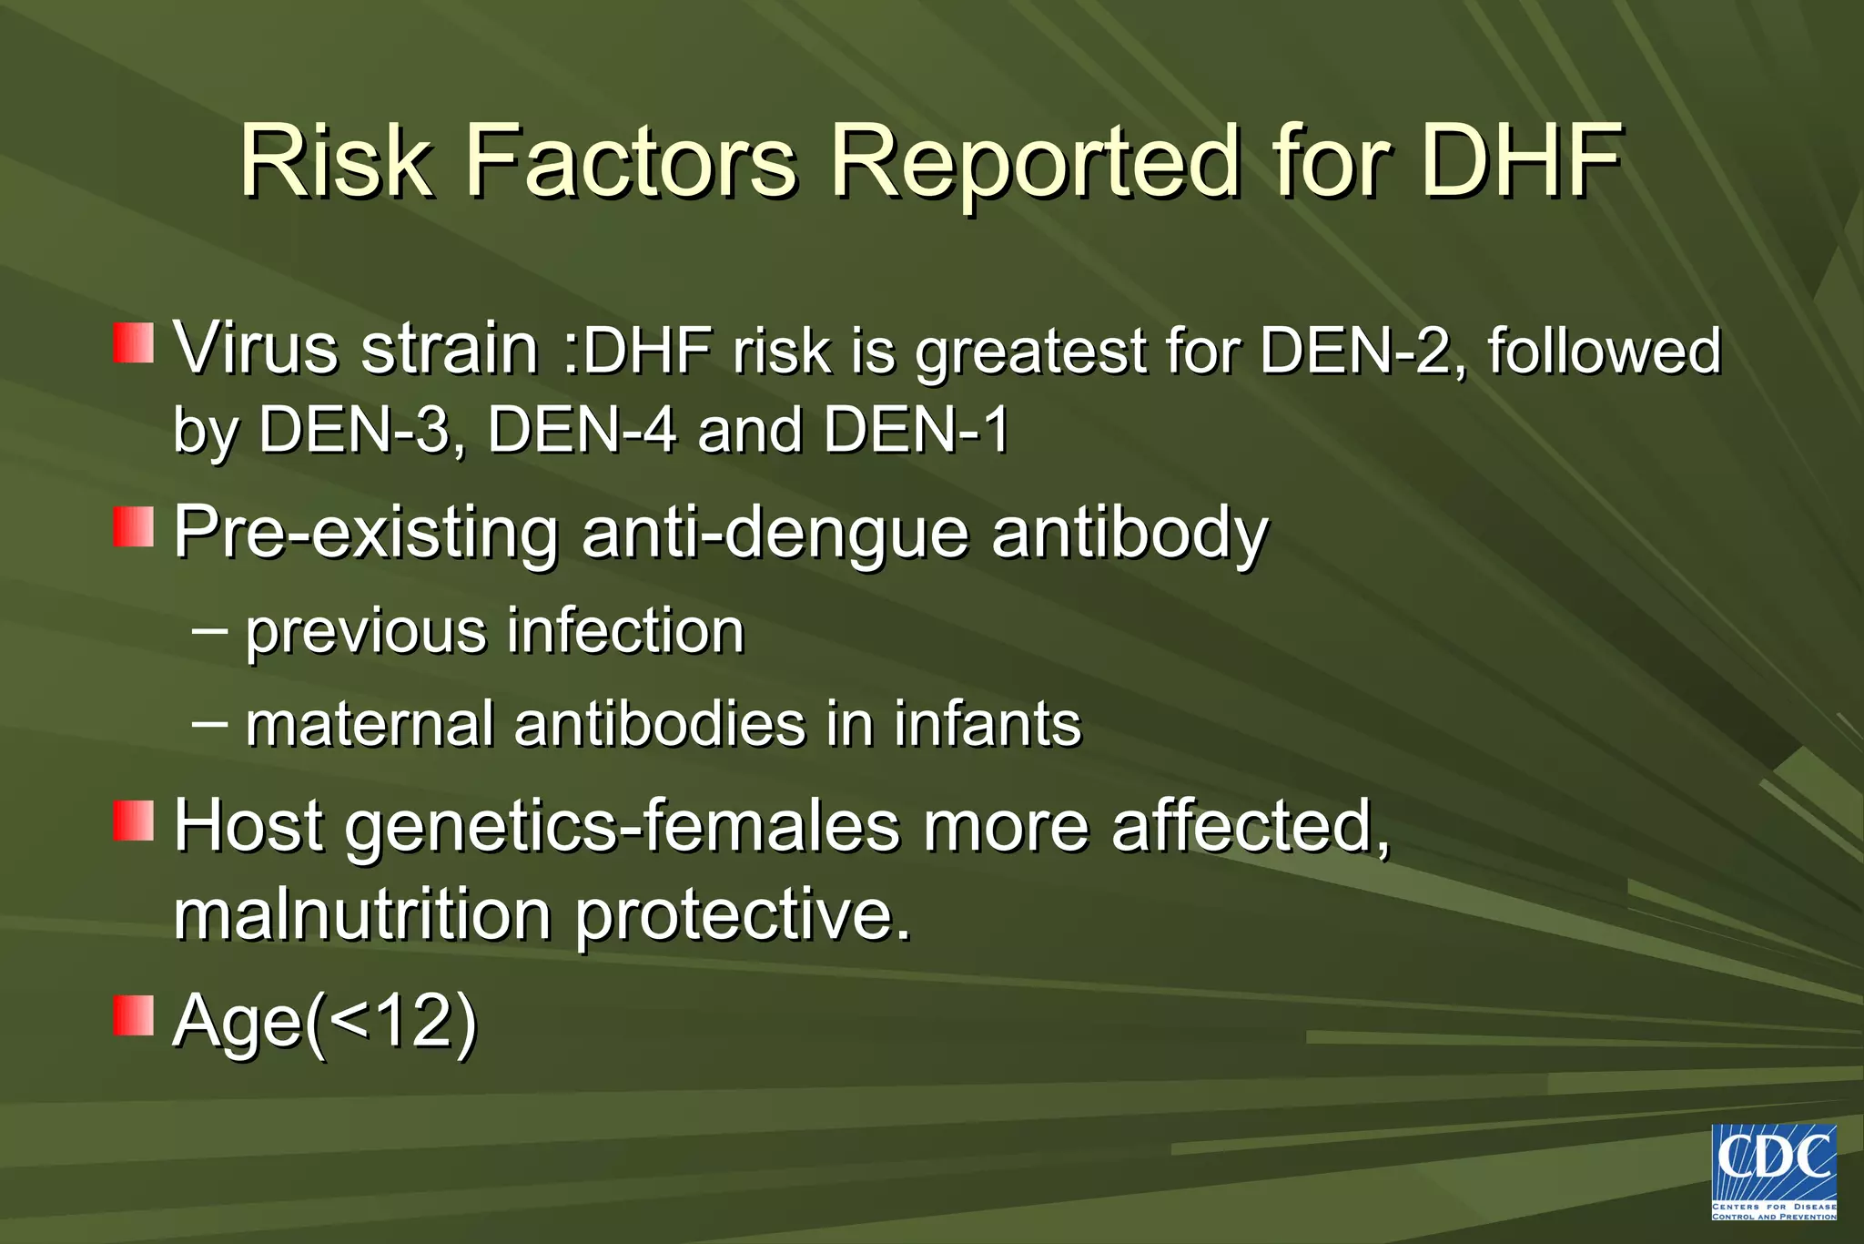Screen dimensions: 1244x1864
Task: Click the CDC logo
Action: coord(1773,1171)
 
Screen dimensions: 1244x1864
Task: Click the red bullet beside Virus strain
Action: coord(133,343)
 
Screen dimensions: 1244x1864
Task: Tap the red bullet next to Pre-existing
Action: coord(133,527)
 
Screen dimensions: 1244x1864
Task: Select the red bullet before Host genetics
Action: coord(133,821)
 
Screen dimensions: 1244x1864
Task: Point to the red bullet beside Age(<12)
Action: coord(133,1015)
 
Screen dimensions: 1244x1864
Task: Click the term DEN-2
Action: coord(1362,351)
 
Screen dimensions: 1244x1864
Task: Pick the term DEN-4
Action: coord(582,430)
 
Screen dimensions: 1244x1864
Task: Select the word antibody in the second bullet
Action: coord(1129,533)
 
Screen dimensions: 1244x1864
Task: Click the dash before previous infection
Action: coord(210,628)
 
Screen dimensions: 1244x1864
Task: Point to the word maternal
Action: coord(370,724)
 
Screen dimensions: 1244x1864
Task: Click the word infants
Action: coord(987,724)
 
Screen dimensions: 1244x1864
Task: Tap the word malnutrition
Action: coord(362,914)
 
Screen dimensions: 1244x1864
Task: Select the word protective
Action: coord(743,916)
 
